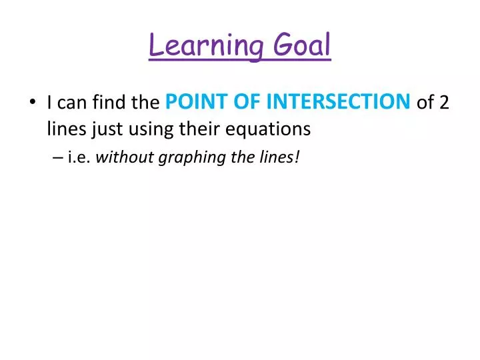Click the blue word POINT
click(x=191, y=103)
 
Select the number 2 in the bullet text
click(x=444, y=103)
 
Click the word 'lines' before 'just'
click(x=63, y=129)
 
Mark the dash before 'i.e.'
click(x=56, y=159)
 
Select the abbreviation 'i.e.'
click(x=79, y=159)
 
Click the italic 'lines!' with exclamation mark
click(x=273, y=159)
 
